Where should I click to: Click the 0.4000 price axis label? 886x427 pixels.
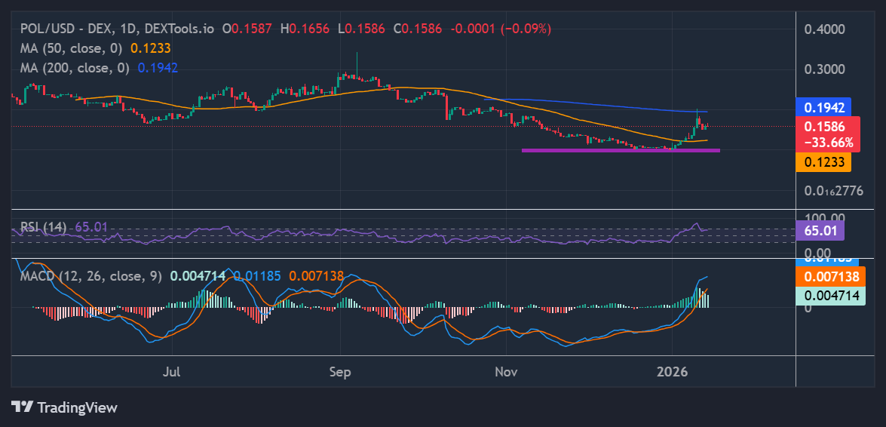[x=824, y=29]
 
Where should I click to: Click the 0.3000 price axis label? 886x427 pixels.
[x=824, y=69]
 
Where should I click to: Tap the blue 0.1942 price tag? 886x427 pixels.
[x=824, y=108]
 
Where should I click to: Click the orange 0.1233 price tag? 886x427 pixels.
[x=824, y=161]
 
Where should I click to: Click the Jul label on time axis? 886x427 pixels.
[x=172, y=371]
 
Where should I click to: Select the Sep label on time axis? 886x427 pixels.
[x=340, y=371]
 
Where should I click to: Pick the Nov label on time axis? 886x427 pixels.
[x=507, y=371]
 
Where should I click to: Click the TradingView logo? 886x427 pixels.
[x=65, y=407]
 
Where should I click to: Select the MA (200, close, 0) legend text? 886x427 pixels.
[x=75, y=67]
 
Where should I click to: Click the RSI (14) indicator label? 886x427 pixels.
[x=43, y=226]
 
